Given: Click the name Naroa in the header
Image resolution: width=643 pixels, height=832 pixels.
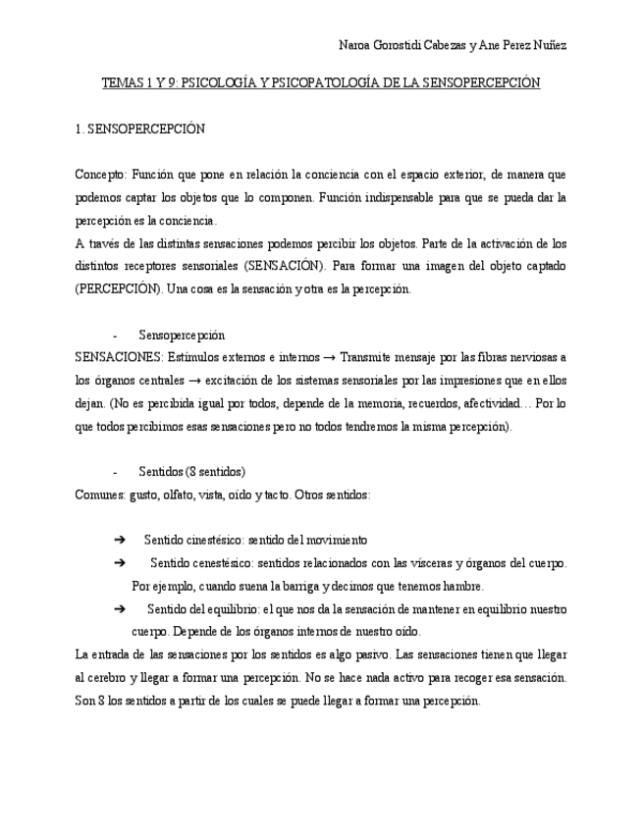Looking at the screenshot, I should (x=354, y=45).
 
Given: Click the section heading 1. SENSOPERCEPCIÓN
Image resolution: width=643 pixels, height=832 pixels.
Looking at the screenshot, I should (x=139, y=130).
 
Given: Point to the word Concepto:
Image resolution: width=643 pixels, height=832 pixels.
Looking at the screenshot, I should (x=99, y=175).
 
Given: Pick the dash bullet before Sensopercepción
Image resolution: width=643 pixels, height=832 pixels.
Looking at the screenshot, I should (x=116, y=335).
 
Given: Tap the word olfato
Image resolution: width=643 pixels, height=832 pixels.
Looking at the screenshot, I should (x=178, y=494).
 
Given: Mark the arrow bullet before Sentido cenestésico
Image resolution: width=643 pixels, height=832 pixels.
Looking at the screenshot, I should (x=120, y=563).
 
